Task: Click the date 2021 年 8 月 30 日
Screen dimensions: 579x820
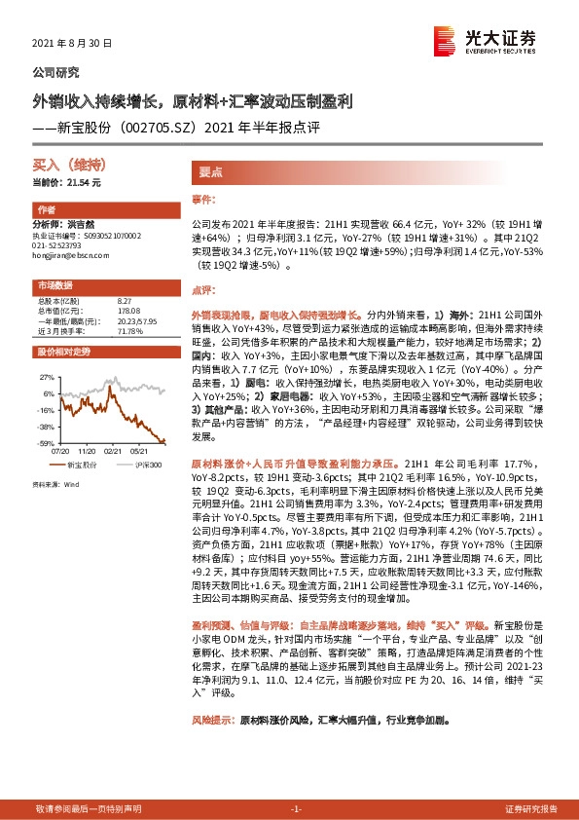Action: point(72,44)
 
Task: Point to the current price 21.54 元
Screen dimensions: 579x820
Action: point(80,182)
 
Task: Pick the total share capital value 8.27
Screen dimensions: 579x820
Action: point(124,301)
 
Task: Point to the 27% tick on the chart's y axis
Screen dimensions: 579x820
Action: point(46,375)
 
